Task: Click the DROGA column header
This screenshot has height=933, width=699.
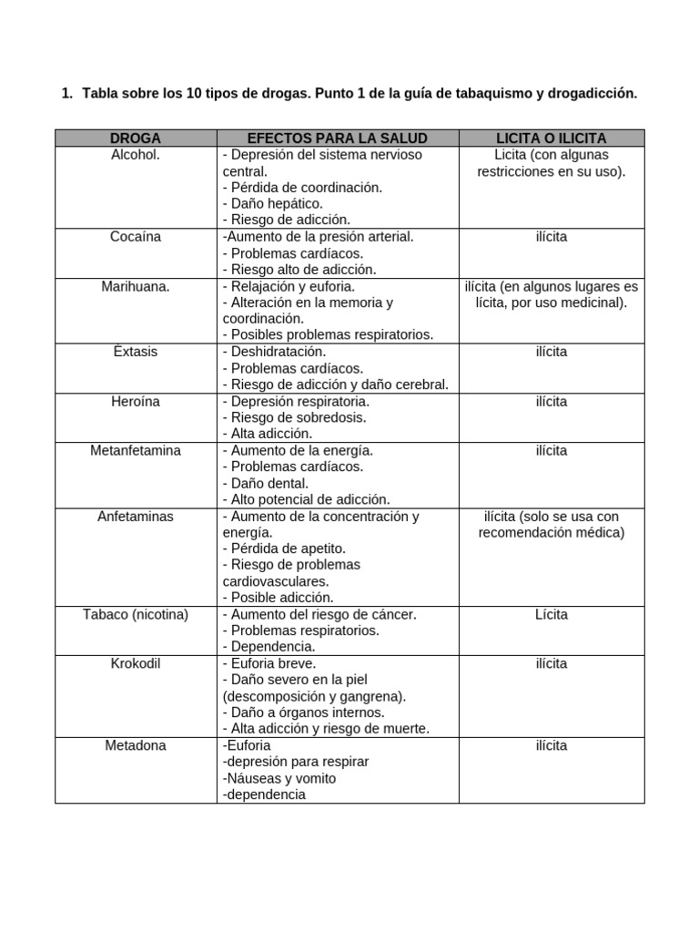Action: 136,138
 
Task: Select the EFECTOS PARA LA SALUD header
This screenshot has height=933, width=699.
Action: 338,138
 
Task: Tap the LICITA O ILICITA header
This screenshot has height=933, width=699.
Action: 552,138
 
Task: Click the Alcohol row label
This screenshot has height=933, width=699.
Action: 136,155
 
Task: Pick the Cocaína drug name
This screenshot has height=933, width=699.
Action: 136,237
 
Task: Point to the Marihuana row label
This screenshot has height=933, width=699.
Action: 136,286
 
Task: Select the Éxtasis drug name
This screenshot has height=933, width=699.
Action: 136,352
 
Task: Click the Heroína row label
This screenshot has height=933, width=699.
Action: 136,401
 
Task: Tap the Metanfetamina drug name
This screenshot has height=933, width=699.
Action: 136,450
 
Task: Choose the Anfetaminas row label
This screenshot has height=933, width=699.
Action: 136,516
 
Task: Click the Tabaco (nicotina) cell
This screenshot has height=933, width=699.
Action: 136,614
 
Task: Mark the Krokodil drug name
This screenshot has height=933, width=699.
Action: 136,663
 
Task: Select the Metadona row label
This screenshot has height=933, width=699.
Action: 136,745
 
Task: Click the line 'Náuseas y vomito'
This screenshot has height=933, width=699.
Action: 279,778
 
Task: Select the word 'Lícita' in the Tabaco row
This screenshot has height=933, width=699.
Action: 552,614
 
